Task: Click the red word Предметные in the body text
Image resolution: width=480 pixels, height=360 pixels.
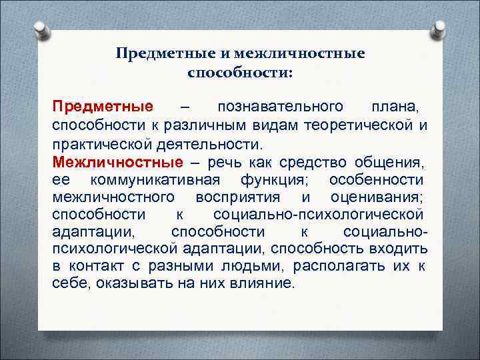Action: [x=103, y=107]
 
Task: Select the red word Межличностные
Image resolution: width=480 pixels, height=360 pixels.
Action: [x=117, y=162]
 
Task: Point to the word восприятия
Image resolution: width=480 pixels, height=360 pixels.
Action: [x=239, y=197]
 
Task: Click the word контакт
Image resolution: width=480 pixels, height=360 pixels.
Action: [x=95, y=266]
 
